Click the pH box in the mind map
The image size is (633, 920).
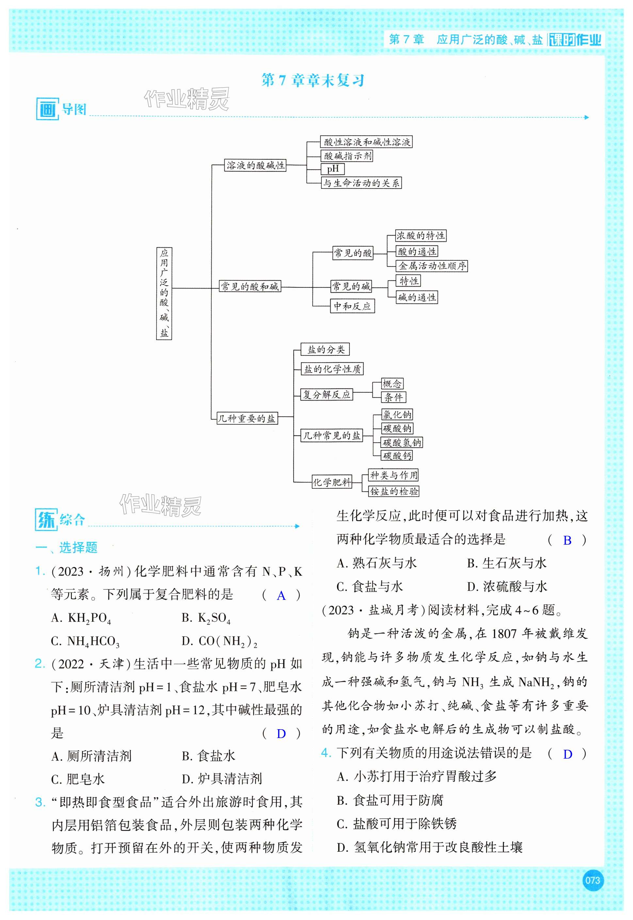point(333,169)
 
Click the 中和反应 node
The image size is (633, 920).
point(352,306)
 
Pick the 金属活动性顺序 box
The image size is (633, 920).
point(432,266)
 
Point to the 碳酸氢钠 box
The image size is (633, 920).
point(402,442)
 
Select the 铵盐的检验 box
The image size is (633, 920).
point(394,491)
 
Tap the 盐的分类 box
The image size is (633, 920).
point(326,350)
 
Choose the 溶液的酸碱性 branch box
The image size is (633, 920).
point(255,165)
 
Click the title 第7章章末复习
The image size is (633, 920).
point(313,81)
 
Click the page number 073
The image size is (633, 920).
point(592,880)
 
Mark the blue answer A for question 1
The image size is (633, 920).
point(281,596)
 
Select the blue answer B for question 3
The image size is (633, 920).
point(567,540)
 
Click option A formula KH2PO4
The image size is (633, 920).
point(82,618)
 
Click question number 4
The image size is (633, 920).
point(326,753)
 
